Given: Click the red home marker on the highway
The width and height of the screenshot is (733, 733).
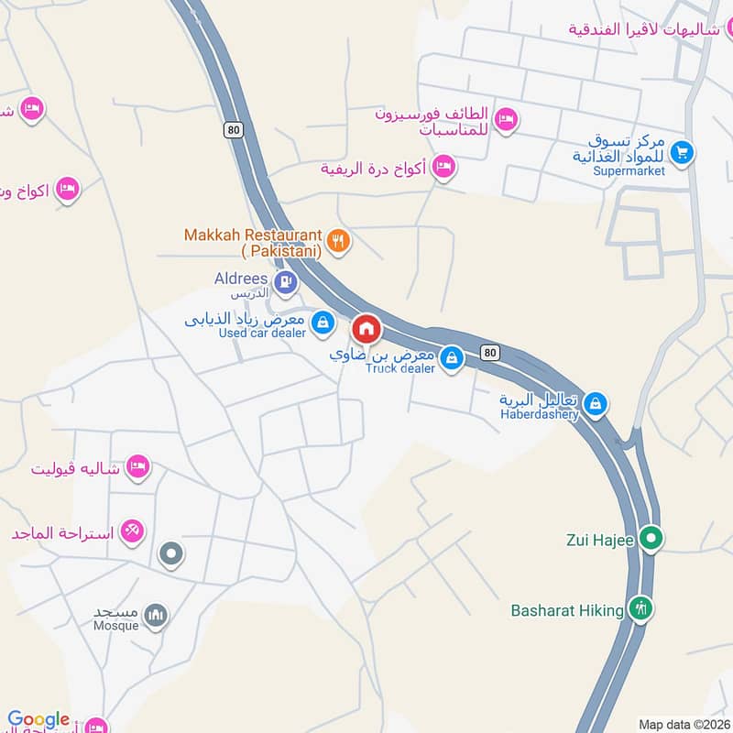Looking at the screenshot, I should [x=366, y=328].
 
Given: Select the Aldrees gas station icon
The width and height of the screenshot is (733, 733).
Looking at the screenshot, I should [x=287, y=280].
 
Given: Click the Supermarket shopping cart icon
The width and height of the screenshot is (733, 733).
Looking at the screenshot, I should [x=681, y=152].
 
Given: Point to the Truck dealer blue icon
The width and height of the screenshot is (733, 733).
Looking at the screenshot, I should [x=450, y=359].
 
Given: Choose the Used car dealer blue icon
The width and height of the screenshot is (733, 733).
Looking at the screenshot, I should [x=323, y=323].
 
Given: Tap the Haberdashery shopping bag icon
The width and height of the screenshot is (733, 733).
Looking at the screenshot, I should [x=596, y=403].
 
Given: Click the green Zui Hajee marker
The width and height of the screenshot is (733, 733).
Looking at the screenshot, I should [x=651, y=538].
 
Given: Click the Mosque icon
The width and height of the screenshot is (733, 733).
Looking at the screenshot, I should [x=157, y=616].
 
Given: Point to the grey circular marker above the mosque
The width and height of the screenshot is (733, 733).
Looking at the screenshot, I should [x=171, y=553].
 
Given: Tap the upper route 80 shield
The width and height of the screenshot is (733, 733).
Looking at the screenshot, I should [x=235, y=130].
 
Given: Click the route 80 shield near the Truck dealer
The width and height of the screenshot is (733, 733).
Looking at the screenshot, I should [x=491, y=352].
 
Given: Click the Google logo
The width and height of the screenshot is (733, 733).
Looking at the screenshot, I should [x=38, y=720].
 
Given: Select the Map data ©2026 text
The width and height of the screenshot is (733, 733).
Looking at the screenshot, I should [x=683, y=724].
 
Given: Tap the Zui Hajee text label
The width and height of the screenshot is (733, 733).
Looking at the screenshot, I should [x=600, y=540].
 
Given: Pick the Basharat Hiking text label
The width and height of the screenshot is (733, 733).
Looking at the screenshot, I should [x=567, y=609].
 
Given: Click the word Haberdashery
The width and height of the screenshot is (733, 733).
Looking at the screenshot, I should [x=540, y=414].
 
